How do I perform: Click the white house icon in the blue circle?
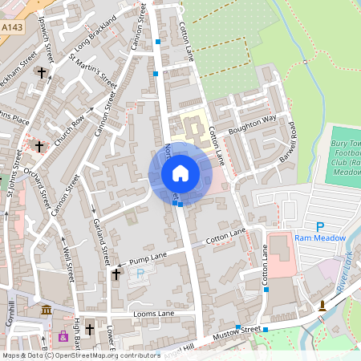(180, 172)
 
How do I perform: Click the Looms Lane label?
(152, 313)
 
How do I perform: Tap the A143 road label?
(11, 26)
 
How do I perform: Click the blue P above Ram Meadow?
(319, 227)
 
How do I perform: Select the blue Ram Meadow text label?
(319, 238)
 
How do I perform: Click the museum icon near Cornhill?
(46, 310)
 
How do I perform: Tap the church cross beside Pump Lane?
(116, 274)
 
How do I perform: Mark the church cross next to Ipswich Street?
(41, 73)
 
